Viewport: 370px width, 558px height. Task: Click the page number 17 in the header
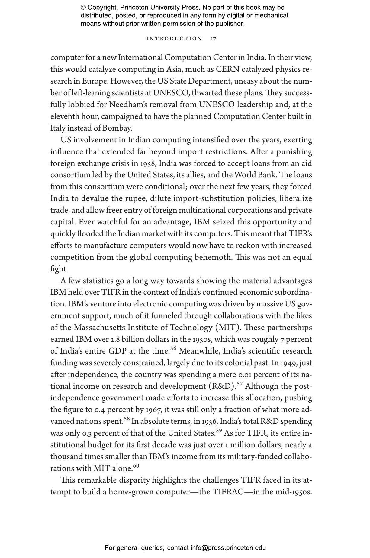pos(213,39)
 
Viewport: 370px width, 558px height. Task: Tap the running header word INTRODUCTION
pos(174,39)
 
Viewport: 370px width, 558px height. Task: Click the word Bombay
pos(117,128)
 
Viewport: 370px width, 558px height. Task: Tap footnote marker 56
pos(173,349)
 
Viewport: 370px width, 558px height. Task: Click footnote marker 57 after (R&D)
pos(240,384)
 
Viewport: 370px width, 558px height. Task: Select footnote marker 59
pos(219,431)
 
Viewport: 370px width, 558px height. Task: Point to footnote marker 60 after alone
pos(136,466)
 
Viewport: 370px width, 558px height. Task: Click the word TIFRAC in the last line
pos(228,492)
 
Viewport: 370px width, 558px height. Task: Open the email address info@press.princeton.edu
pos(228,547)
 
